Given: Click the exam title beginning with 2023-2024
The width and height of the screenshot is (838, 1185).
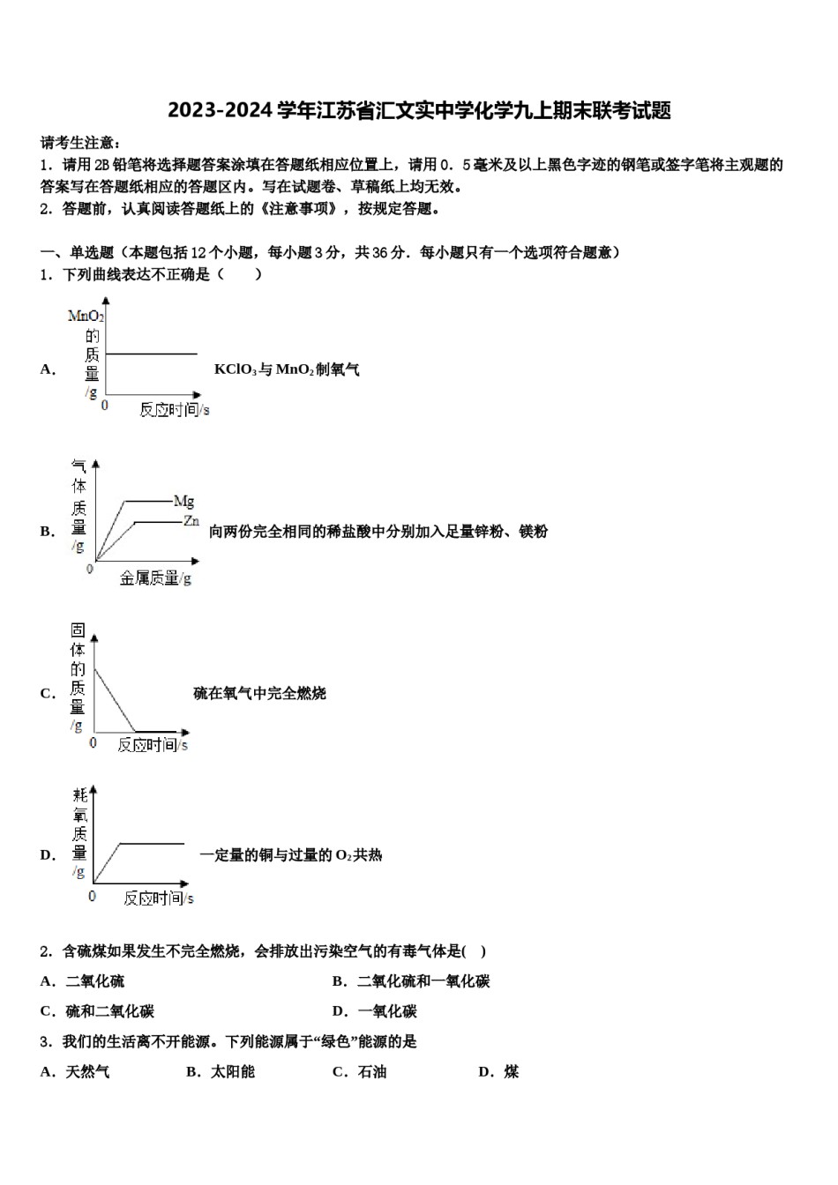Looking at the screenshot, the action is click(x=419, y=111).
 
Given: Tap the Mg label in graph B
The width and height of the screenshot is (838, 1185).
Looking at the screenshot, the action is click(x=183, y=502).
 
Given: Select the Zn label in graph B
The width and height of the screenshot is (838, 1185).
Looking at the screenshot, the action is click(x=191, y=521).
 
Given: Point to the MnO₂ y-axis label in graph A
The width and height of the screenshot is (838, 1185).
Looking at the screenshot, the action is click(x=86, y=316).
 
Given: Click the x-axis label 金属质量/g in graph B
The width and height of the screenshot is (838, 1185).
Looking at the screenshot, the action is click(x=155, y=578).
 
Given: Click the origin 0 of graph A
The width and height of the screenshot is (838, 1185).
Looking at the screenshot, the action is click(x=105, y=406).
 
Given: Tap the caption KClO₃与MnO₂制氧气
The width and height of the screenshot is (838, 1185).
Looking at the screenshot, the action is click(x=287, y=369).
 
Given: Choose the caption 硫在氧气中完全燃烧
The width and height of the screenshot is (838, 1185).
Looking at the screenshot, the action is click(x=259, y=693).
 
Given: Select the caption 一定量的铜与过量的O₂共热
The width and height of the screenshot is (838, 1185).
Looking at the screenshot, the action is click(x=290, y=854).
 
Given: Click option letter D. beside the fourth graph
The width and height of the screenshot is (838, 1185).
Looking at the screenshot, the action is click(x=48, y=854).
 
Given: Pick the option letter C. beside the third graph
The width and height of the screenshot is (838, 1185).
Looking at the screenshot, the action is click(x=48, y=693).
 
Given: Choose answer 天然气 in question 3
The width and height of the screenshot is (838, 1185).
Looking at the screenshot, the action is click(x=87, y=1071).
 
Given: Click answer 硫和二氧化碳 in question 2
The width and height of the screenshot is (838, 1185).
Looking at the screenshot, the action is click(x=109, y=1011).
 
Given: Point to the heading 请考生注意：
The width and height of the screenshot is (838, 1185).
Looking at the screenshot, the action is click(x=81, y=143).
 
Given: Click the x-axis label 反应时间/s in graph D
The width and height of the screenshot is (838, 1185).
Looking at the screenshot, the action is click(x=158, y=898).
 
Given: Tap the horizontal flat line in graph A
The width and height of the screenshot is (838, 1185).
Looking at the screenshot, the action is click(x=151, y=354).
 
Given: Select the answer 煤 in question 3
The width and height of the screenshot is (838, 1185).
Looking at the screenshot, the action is click(x=512, y=1071).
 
